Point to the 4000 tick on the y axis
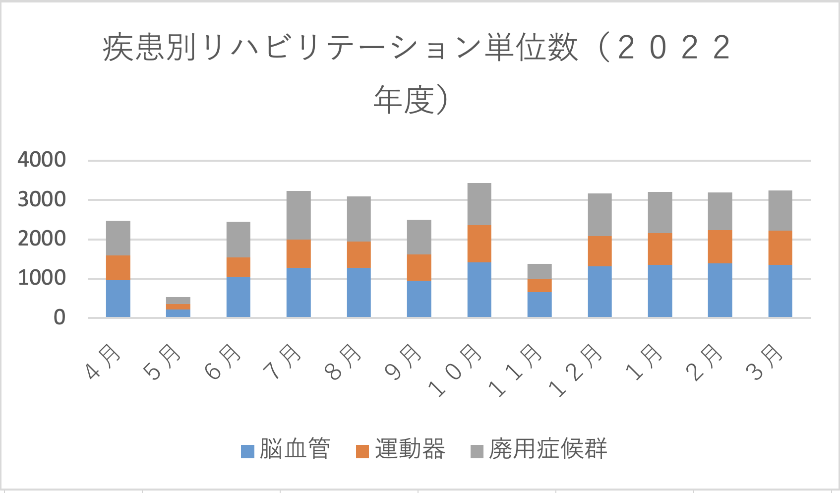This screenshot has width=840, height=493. [42, 160]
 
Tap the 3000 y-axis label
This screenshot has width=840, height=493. [42, 199]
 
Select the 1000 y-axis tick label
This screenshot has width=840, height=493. [42, 278]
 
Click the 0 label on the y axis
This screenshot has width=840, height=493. [59, 317]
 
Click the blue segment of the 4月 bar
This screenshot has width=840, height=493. [118, 299]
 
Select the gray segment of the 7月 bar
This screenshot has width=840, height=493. [299, 215]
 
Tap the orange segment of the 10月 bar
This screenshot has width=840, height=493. [479, 244]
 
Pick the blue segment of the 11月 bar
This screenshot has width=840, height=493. [540, 305]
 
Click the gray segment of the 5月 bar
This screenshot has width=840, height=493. [178, 301]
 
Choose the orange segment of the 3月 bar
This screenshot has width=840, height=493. [780, 247]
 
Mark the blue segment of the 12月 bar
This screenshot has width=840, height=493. [600, 292]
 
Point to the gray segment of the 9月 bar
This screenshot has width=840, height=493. [419, 237]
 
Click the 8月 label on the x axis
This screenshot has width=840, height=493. [345, 362]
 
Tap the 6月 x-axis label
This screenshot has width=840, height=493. [225, 362]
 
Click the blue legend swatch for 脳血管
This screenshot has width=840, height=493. [247, 451]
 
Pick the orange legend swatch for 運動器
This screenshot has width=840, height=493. [362, 451]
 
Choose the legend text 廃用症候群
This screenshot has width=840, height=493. [547, 449]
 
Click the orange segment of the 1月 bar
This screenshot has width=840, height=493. [660, 248]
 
